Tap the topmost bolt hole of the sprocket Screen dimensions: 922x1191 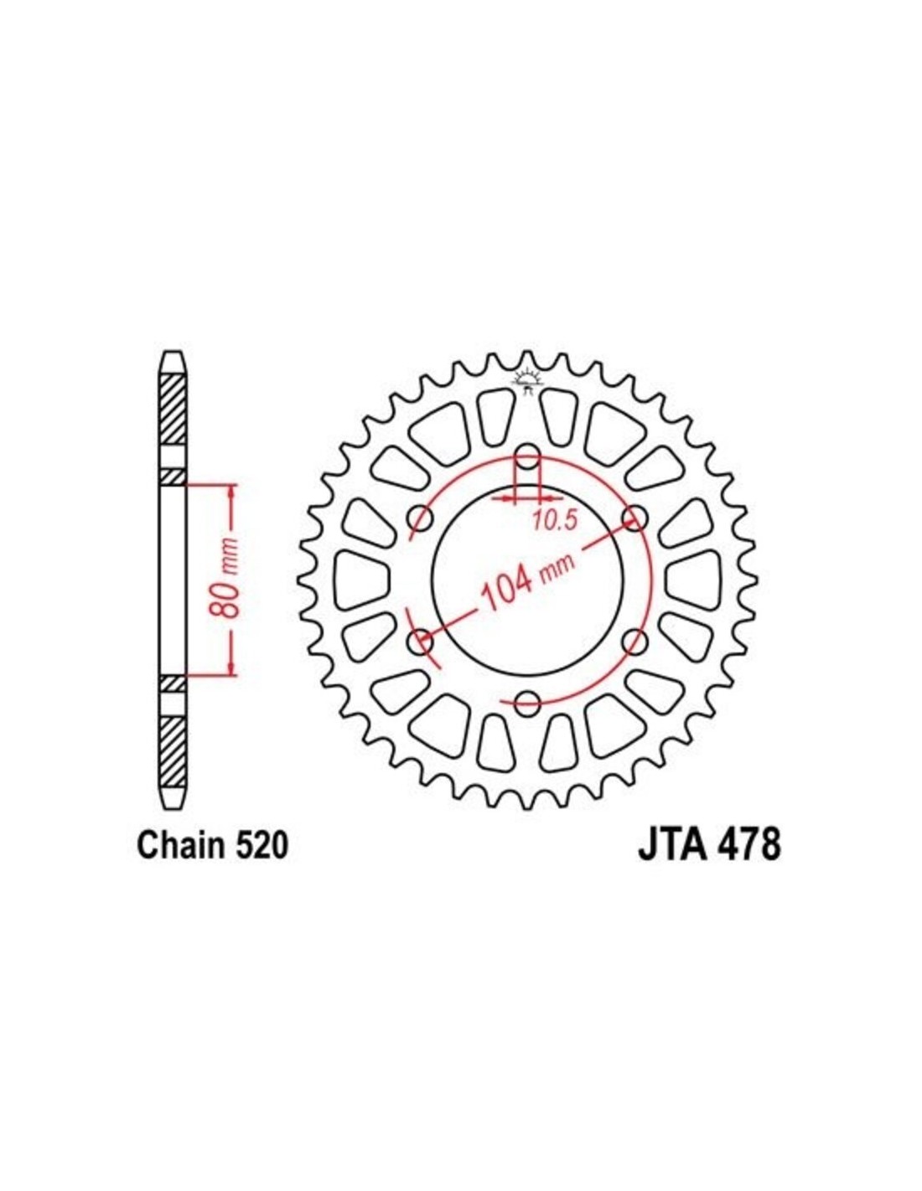tap(528, 456)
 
